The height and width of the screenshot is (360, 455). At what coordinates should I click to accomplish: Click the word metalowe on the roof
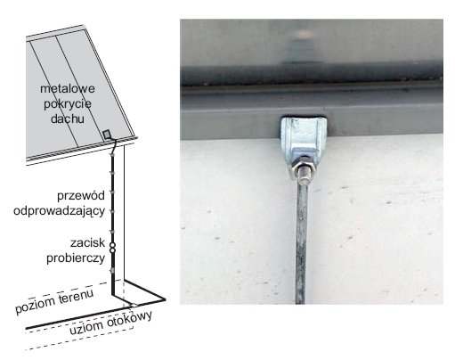(68, 88)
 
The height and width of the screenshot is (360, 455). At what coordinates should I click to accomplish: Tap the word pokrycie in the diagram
(68, 104)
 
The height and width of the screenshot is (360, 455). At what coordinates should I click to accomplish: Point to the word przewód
(81, 196)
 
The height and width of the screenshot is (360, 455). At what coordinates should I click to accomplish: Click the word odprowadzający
(60, 211)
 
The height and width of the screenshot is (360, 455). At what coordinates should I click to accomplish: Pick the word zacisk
(87, 243)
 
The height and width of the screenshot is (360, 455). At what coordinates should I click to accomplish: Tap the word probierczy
(76, 258)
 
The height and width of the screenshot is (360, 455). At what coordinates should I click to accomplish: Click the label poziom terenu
(54, 300)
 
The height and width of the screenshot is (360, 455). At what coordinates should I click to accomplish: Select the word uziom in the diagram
(86, 328)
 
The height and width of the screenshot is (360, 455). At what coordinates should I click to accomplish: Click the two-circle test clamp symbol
(112, 248)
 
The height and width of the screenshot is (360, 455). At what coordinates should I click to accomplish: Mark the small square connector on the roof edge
(107, 135)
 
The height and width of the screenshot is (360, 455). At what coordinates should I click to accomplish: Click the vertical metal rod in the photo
(301, 243)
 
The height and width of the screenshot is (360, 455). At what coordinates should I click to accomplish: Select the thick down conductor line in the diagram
(112, 220)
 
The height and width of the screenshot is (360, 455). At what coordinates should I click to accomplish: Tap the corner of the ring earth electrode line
(164, 299)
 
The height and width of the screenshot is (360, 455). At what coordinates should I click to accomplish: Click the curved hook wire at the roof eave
(113, 146)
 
